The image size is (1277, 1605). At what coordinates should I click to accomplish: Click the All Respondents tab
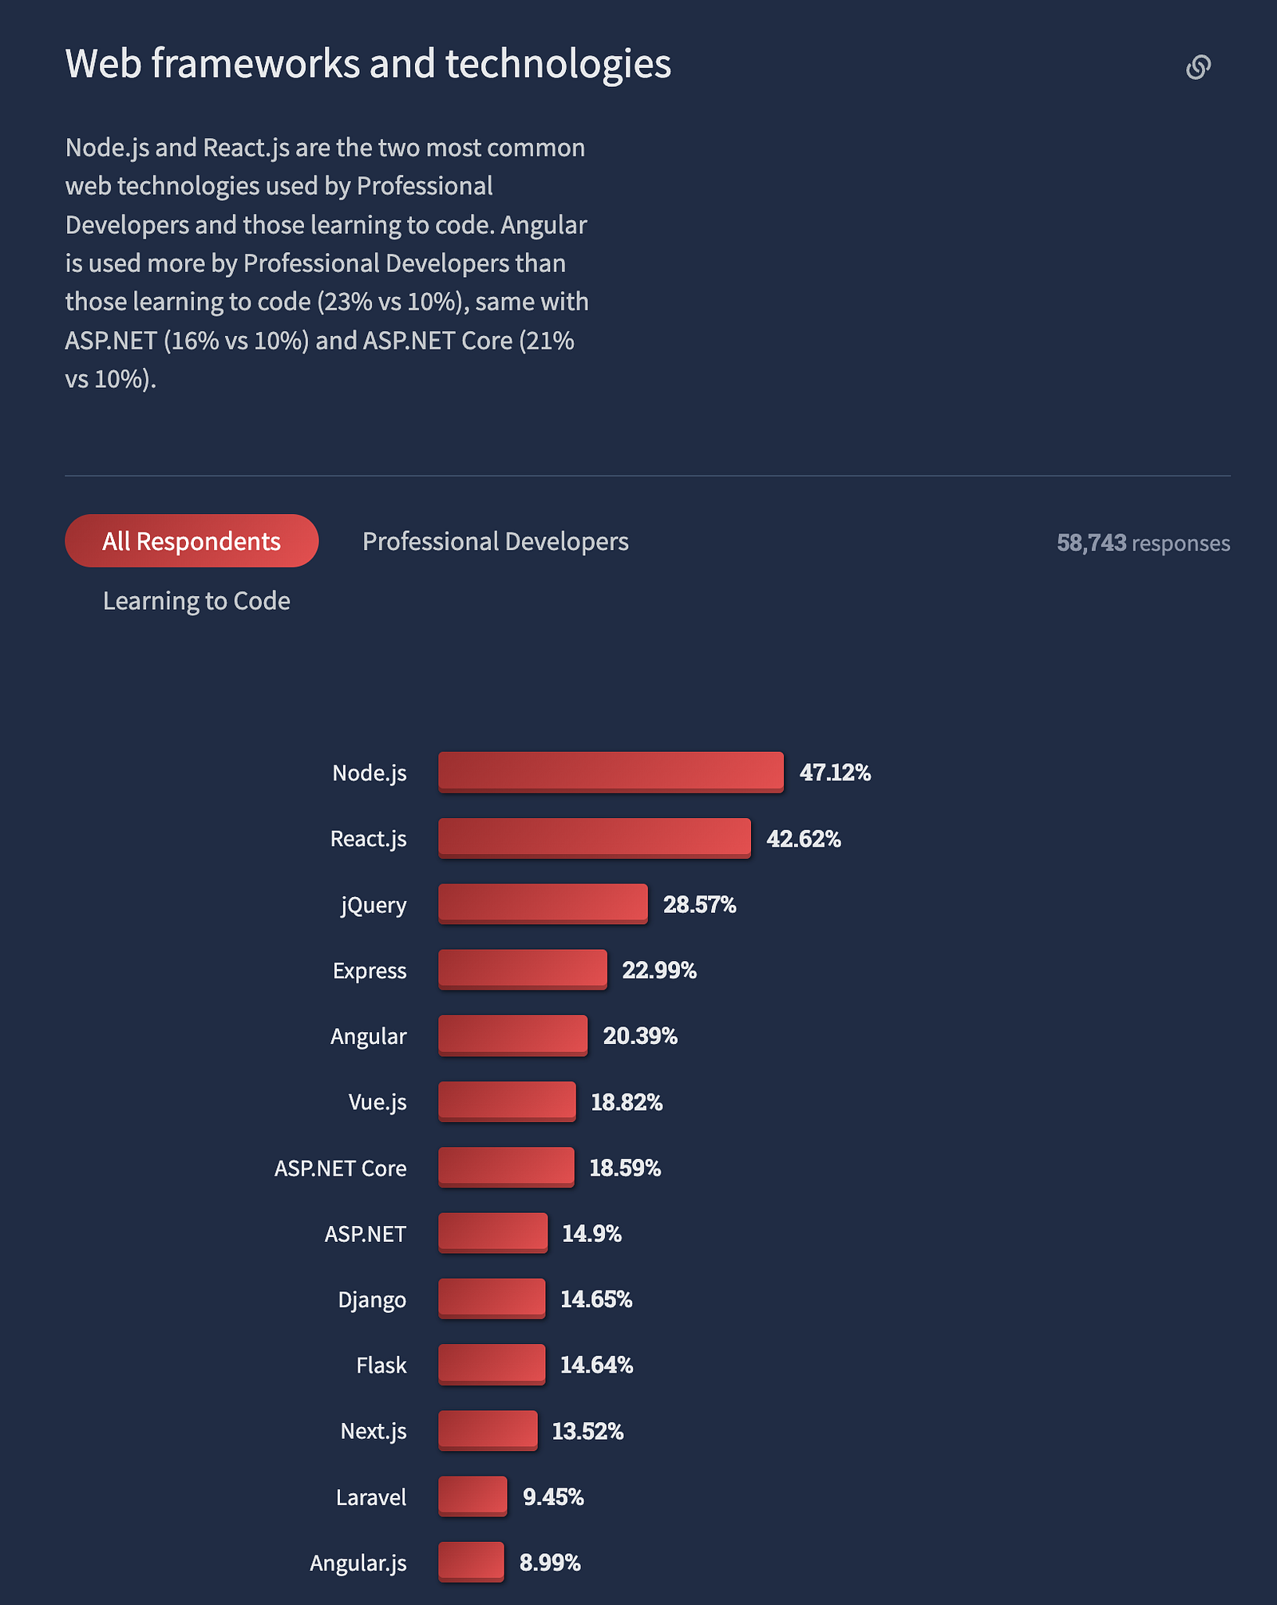pyautogui.click(x=192, y=541)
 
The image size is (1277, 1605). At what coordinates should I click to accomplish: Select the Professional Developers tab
pyautogui.click(x=495, y=541)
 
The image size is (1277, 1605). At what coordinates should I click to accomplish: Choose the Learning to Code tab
pyautogui.click(x=196, y=601)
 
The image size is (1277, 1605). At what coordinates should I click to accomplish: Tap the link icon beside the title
pyautogui.click(x=1198, y=67)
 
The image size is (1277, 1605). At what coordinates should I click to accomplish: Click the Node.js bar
pyautogui.click(x=611, y=772)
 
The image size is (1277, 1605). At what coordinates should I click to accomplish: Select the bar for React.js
pyautogui.click(x=594, y=838)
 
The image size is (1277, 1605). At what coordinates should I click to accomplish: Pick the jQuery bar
pyautogui.click(x=543, y=903)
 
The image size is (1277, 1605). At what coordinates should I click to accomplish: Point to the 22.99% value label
pyautogui.click(x=659, y=970)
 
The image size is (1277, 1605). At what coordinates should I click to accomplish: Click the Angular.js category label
pyautogui.click(x=358, y=1563)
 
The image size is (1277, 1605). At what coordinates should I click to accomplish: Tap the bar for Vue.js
pyautogui.click(x=507, y=1101)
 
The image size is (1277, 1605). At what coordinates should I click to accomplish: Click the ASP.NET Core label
pyautogui.click(x=341, y=1168)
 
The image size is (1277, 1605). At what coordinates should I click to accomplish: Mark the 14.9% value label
pyautogui.click(x=591, y=1234)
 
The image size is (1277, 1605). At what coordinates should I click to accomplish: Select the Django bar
pyautogui.click(x=492, y=1299)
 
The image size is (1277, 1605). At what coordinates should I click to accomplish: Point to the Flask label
pyautogui.click(x=382, y=1366)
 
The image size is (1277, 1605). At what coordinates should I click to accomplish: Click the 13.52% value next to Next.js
pyautogui.click(x=587, y=1431)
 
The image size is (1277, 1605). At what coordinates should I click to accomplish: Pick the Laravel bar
pyautogui.click(x=472, y=1496)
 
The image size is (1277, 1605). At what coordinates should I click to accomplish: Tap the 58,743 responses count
pyautogui.click(x=1143, y=543)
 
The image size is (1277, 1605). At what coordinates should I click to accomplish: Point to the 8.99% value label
pyautogui.click(x=550, y=1562)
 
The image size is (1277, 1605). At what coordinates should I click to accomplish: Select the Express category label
pyautogui.click(x=370, y=971)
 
